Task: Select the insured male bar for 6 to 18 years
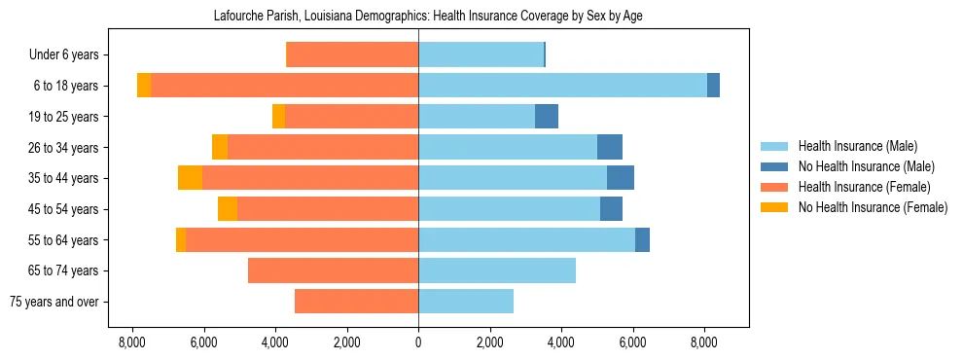562,86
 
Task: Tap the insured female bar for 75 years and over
356,302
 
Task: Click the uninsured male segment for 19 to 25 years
547,117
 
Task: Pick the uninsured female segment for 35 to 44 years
190,178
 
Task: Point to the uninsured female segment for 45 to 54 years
228,209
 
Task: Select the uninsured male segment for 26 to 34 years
610,147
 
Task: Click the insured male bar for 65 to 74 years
497,270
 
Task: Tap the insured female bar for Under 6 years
352,54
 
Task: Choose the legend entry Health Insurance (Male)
857,146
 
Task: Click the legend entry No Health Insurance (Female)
873,207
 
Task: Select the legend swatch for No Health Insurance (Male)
774,166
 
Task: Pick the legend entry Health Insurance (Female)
862,187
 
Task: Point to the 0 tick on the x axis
418,342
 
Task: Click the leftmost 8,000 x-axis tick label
131,342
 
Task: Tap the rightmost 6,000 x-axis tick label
633,342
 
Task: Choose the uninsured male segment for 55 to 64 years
642,240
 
